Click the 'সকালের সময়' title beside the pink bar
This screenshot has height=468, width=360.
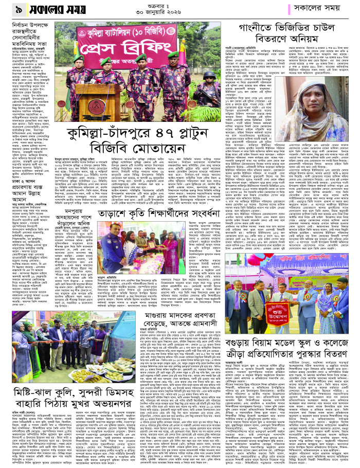pos(319,8)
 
